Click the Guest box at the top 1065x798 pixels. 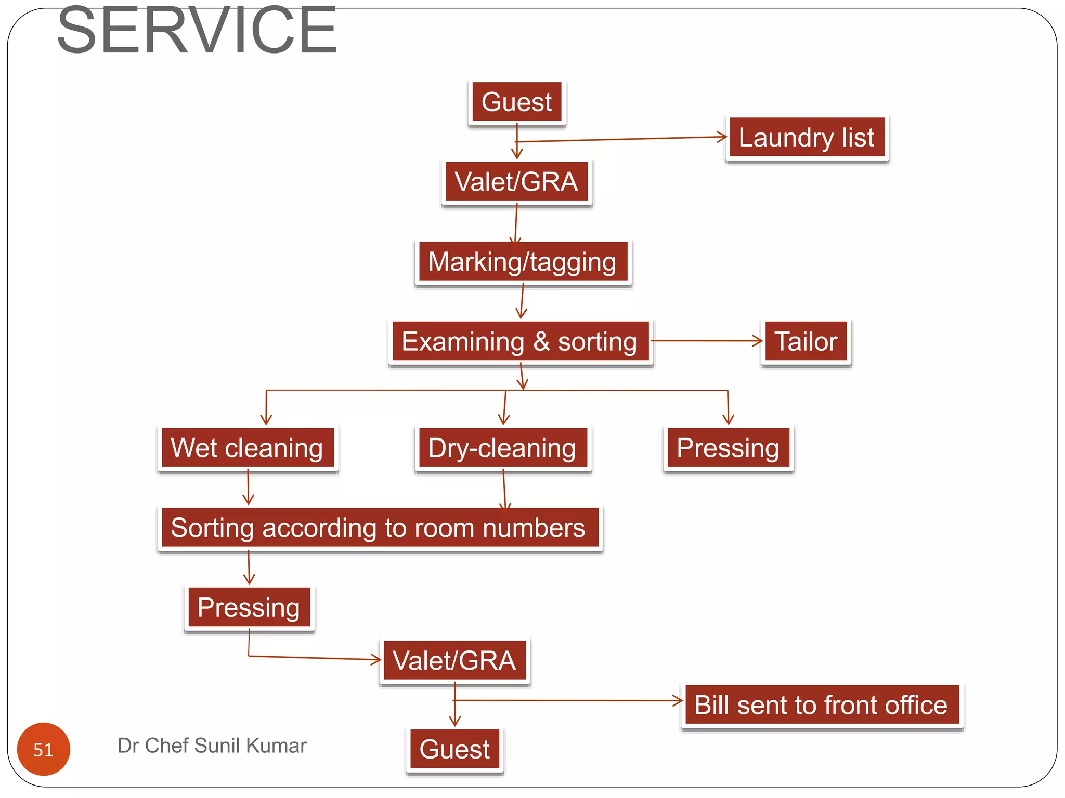(516, 102)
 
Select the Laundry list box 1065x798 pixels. (807, 138)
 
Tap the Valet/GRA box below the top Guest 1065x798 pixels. (516, 182)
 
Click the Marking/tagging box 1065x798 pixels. (523, 262)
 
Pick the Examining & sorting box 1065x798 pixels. (520, 342)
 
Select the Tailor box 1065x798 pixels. (806, 342)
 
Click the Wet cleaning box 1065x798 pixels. (248, 448)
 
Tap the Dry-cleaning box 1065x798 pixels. (502, 448)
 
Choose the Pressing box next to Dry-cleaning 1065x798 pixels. (728, 448)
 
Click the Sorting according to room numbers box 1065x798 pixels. (379, 528)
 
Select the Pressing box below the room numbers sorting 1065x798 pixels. (249, 607)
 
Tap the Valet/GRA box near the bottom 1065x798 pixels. (454, 661)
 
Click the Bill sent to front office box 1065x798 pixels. (821, 706)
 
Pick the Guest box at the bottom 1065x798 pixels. (454, 749)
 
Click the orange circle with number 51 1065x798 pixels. (44, 749)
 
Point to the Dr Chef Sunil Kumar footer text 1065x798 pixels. (212, 746)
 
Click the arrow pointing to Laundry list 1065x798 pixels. (624, 139)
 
